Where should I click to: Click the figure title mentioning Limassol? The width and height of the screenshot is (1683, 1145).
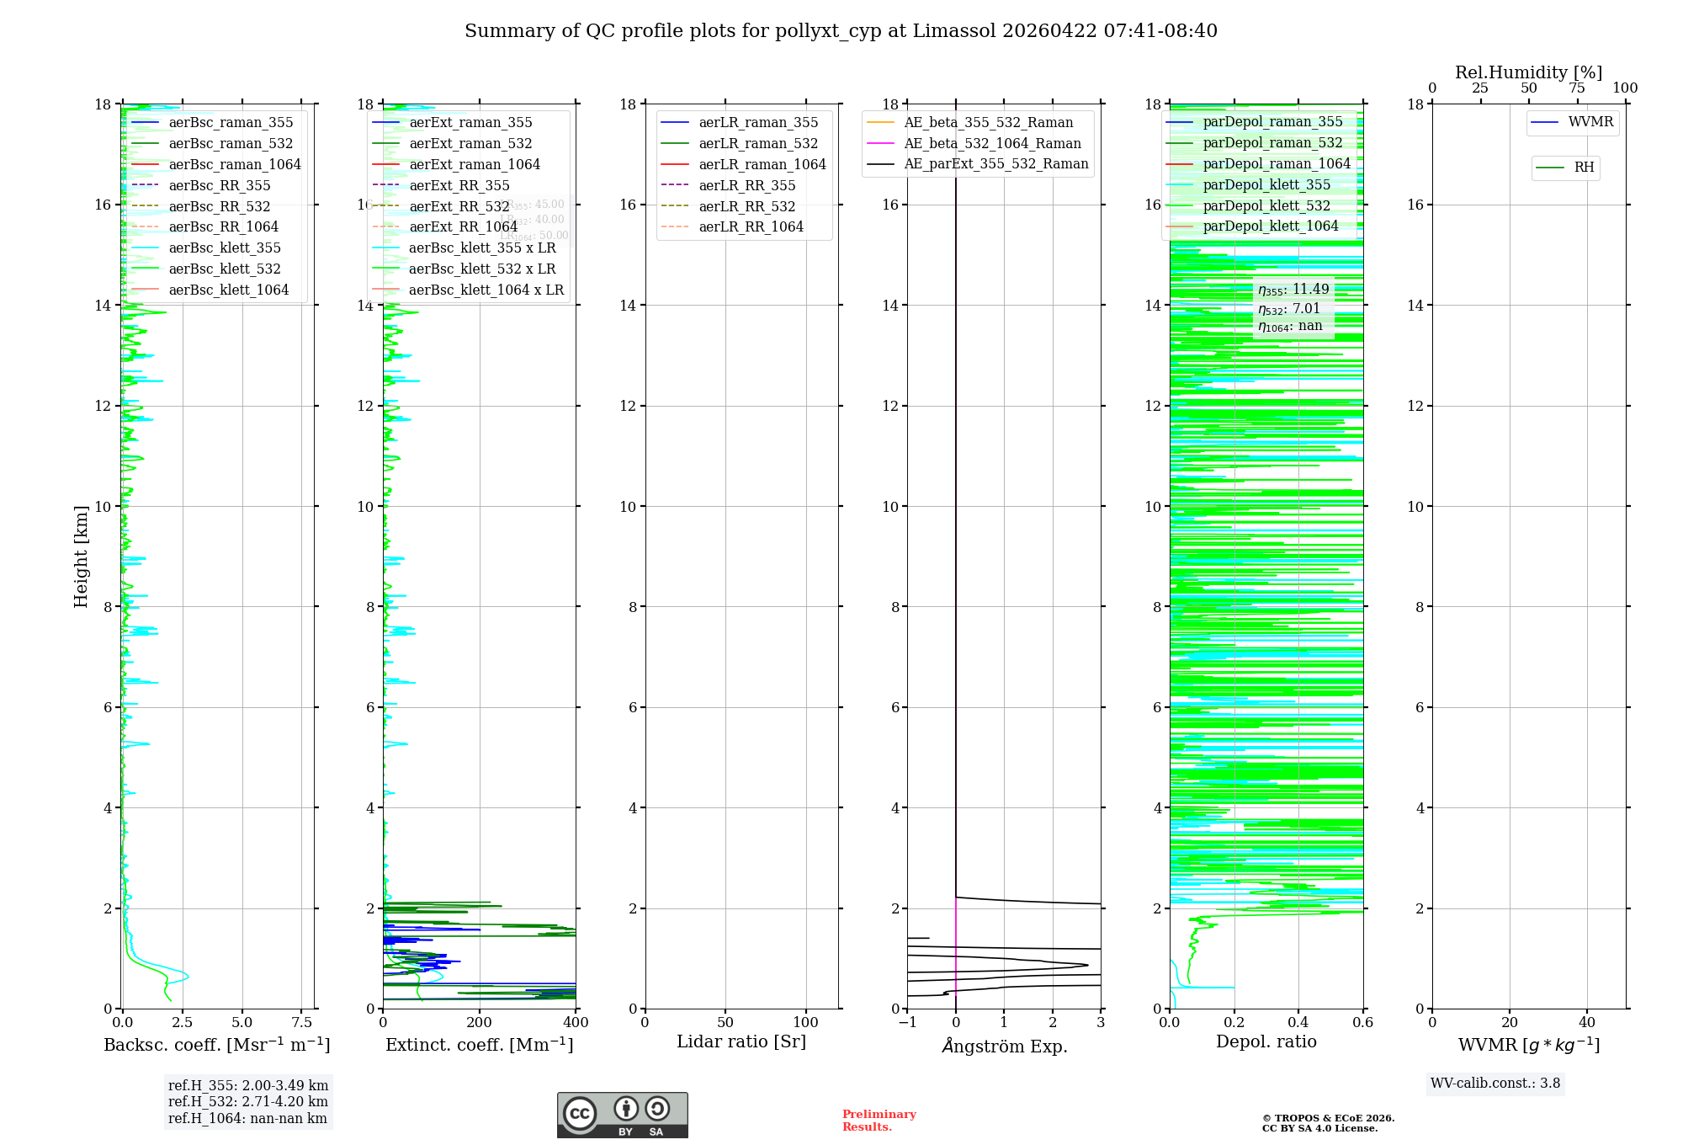(841, 31)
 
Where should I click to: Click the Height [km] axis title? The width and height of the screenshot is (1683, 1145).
(81, 556)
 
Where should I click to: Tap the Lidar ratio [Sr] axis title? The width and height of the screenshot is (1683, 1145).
(741, 1041)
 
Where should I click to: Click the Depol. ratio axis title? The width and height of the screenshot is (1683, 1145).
(1266, 1041)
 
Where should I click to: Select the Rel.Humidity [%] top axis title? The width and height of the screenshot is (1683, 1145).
(1528, 72)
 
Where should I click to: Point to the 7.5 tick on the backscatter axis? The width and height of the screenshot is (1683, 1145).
(302, 1023)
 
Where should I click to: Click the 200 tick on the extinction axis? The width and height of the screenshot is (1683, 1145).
(480, 1023)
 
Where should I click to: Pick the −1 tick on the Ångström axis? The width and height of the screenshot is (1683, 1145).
(907, 1023)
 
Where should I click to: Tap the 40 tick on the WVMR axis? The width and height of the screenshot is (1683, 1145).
(1587, 1023)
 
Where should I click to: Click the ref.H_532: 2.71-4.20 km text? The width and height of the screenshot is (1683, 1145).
(247, 1101)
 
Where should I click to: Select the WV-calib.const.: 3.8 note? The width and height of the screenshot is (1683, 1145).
(1495, 1084)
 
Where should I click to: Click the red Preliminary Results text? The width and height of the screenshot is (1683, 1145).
(879, 1121)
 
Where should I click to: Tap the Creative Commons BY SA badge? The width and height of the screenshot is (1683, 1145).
(622, 1115)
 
